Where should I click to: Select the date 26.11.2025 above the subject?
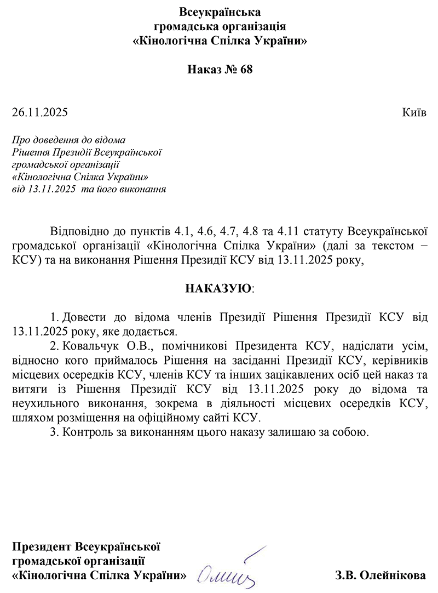click(39, 113)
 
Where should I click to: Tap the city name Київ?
click(414, 113)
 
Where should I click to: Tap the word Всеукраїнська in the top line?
click(220, 12)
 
